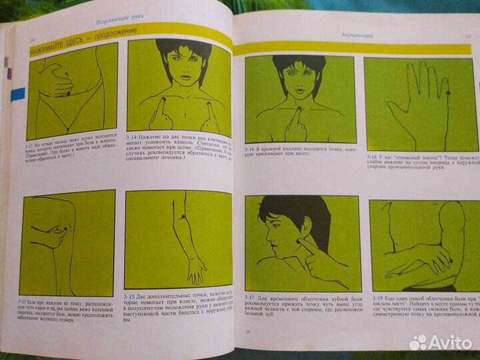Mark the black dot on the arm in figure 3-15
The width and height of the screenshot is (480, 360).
tap(181, 217)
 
